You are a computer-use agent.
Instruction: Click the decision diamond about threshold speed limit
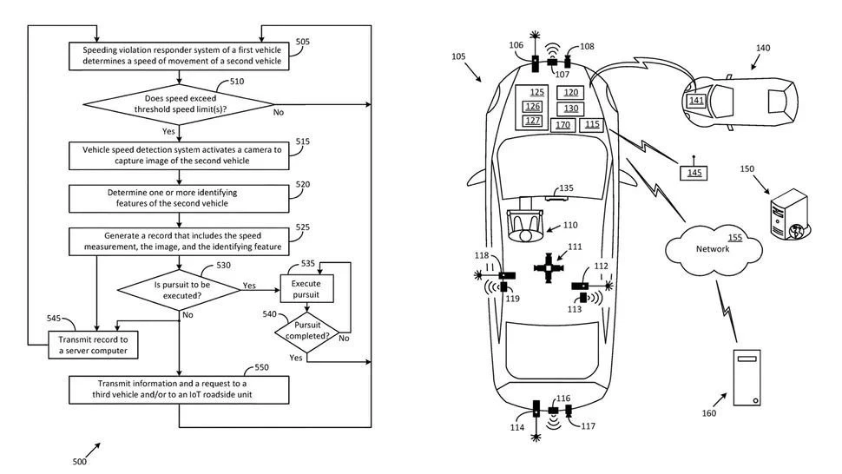[x=178, y=105]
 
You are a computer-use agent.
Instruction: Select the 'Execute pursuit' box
[x=306, y=289]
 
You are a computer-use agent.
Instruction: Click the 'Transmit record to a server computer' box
[x=93, y=344]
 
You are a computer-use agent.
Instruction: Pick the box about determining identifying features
[x=178, y=198]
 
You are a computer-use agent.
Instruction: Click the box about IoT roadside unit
[x=178, y=388]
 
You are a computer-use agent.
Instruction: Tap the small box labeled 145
[x=694, y=174]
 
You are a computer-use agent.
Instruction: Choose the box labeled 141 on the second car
[x=696, y=101]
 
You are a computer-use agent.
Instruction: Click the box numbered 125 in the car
[x=537, y=92]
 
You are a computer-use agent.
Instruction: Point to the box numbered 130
[x=570, y=109]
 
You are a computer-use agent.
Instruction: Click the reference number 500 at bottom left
[x=80, y=462]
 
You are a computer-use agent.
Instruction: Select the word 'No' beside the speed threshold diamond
[x=279, y=112]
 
